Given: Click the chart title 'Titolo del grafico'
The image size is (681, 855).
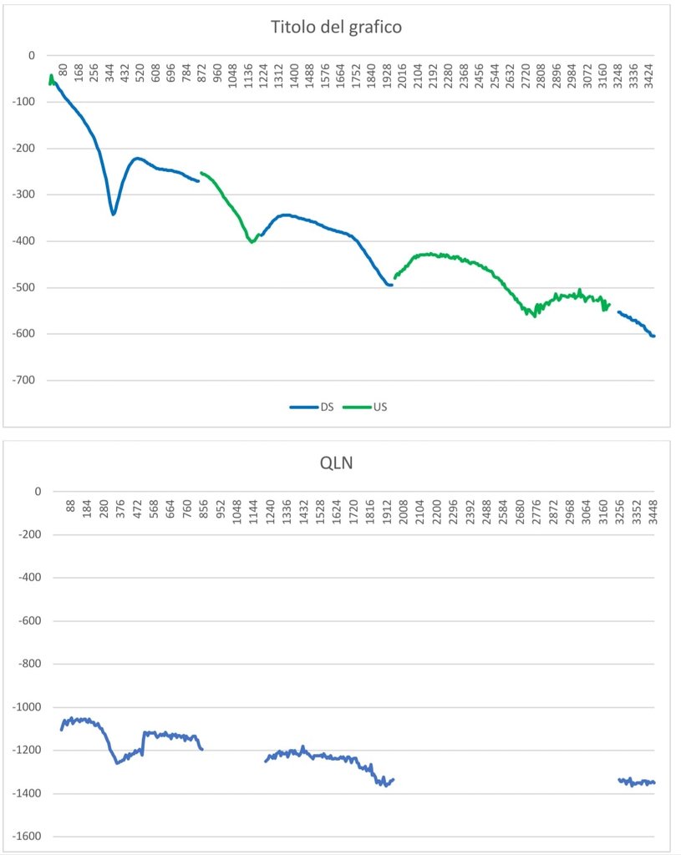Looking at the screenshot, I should coord(336,27).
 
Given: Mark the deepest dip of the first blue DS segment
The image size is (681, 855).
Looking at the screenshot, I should coord(114,214).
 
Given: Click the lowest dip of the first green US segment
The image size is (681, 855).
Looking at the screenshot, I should coord(252,242).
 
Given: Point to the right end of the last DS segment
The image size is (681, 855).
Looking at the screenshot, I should coord(653,336).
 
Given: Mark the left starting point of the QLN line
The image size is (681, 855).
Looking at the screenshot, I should coord(61,730).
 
